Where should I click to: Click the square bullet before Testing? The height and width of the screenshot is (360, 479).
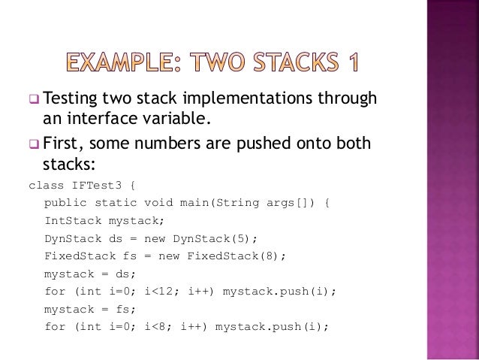click(33, 100)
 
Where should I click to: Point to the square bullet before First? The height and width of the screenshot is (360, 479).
click(33, 143)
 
